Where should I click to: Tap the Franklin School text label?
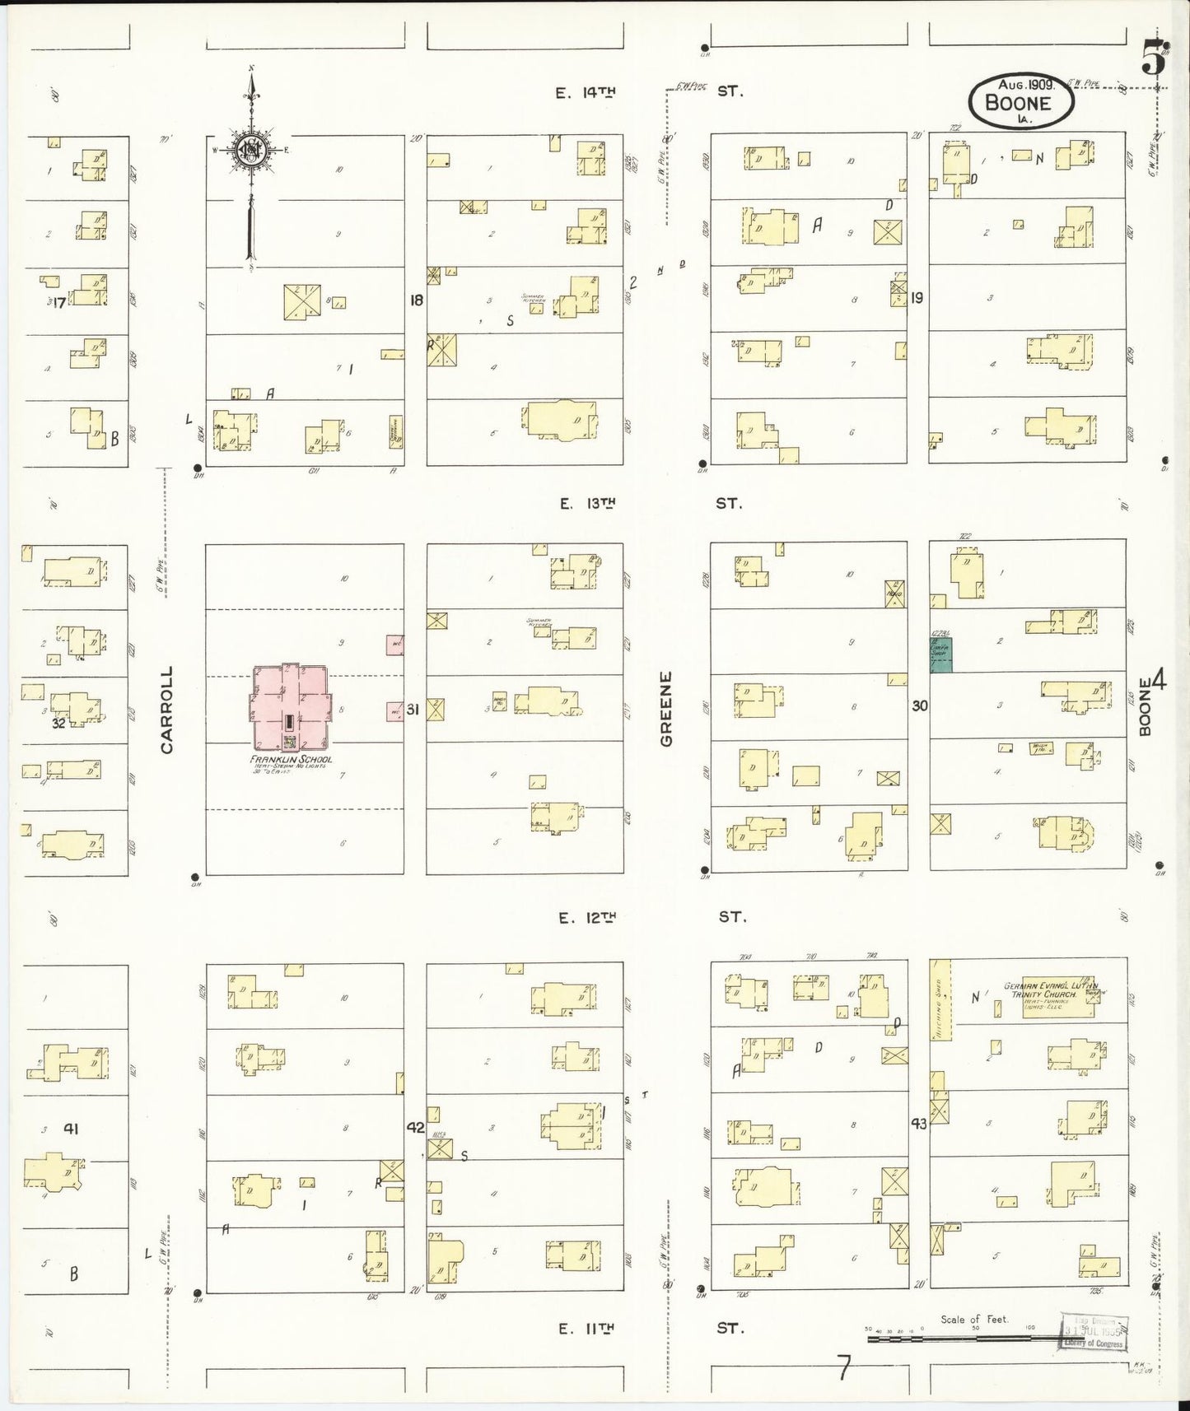(292, 759)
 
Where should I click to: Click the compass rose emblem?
(250, 149)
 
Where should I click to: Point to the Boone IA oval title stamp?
(1020, 101)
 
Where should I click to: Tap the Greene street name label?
(666, 709)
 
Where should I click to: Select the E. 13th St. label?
(651, 503)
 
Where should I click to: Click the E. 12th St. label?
(651, 916)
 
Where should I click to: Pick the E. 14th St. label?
(651, 91)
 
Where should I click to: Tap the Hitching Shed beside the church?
(940, 999)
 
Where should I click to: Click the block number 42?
(415, 1127)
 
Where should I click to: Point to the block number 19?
(917, 298)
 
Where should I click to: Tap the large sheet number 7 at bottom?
(843, 1369)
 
